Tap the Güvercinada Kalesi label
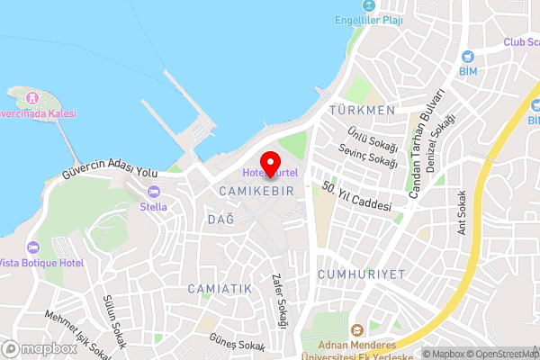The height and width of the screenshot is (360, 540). click(x=37, y=114)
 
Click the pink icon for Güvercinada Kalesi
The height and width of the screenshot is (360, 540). click(x=32, y=97)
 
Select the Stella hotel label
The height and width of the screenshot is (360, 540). click(x=153, y=206)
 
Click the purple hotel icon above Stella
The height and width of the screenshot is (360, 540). click(x=153, y=191)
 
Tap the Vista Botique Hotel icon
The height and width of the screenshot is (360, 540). click(x=33, y=247)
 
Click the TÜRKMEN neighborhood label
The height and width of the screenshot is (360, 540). click(x=363, y=110)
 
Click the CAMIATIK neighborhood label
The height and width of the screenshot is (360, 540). click(x=220, y=288)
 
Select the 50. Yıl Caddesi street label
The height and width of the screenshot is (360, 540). click(x=357, y=197)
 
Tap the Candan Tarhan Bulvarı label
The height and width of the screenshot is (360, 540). click(x=426, y=144)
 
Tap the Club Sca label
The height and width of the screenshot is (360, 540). click(x=520, y=42)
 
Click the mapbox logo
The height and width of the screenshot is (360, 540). click(x=40, y=348)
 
